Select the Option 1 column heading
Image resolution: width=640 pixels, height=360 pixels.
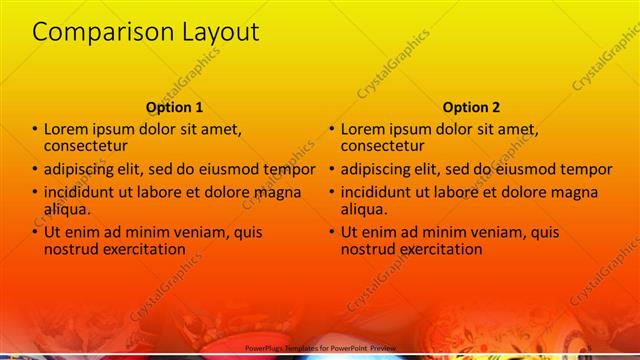pyautogui.click(x=174, y=107)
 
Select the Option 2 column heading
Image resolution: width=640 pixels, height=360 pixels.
pyautogui.click(x=471, y=107)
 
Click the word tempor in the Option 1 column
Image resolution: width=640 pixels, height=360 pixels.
pyautogui.click(x=289, y=169)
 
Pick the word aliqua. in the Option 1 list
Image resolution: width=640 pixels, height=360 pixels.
pyautogui.click(x=67, y=209)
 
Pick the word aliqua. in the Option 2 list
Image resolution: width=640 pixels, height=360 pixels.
pyautogui.click(x=364, y=209)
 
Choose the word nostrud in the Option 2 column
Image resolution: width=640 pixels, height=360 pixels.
pyautogui.click(x=368, y=249)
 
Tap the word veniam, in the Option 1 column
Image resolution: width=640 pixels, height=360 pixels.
pyautogui.click(x=194, y=232)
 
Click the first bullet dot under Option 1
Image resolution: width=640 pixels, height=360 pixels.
pyautogui.click(x=35, y=129)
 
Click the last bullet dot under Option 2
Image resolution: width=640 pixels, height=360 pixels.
pyautogui.click(x=332, y=232)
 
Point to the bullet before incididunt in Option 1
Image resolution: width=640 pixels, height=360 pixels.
pyautogui.click(x=35, y=192)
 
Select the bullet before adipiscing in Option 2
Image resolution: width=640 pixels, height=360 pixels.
pyautogui.click(x=332, y=169)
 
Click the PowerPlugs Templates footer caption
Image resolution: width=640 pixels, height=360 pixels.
pyautogui.click(x=320, y=348)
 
